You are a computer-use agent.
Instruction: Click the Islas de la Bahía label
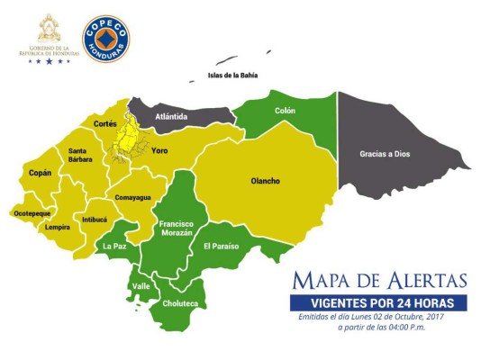point(232,76)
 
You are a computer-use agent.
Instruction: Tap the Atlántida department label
point(171,116)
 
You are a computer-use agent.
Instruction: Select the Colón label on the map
point(285,111)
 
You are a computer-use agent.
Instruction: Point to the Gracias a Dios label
point(385,154)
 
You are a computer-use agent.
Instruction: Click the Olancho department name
point(265,181)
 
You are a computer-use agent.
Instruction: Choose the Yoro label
point(160,150)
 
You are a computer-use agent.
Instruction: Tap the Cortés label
point(107,123)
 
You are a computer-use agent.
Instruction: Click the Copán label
point(41,172)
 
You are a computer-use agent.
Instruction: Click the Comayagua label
point(132,196)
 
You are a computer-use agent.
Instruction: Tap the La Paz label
point(113,246)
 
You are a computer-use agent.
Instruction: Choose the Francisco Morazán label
point(177,228)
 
